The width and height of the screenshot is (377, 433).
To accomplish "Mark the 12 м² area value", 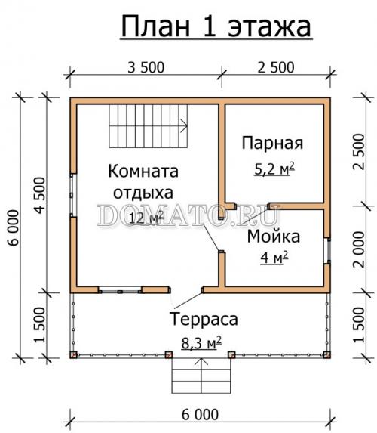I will pos(146,219).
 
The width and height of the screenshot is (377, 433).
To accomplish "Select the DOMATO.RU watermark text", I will pos(189,218).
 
